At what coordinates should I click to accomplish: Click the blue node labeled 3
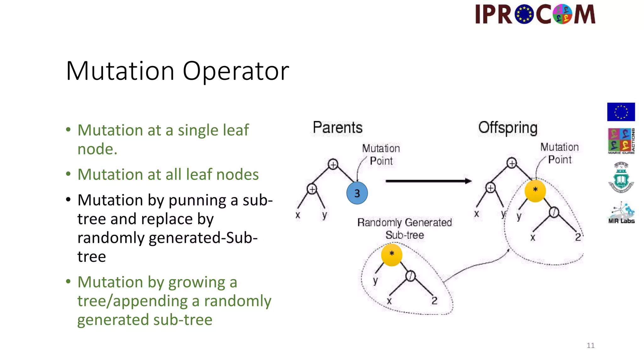coord(357,193)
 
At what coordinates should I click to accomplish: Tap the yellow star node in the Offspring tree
coord(535,190)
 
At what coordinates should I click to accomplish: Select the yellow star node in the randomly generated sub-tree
coord(391,255)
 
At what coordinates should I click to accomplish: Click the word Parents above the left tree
coord(337,128)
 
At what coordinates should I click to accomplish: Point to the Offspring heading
coord(508,128)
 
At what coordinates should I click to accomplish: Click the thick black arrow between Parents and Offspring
coord(428,181)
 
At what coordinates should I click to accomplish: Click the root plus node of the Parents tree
coord(333,164)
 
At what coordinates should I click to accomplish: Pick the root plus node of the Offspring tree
coord(512,163)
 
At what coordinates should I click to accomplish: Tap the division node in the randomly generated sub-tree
coord(410,276)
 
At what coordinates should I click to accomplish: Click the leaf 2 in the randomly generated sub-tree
coord(434,301)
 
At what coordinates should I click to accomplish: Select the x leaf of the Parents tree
coord(298,215)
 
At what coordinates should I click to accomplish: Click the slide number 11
coord(590,345)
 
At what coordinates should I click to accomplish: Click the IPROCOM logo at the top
coord(535,14)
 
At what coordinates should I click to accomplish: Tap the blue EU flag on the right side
coord(621,112)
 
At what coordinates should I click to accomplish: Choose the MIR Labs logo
coord(621,213)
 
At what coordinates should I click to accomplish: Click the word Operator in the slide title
coord(236,71)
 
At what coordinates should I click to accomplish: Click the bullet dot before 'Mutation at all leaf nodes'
coord(68,174)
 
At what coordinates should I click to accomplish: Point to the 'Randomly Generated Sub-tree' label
coord(404,228)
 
